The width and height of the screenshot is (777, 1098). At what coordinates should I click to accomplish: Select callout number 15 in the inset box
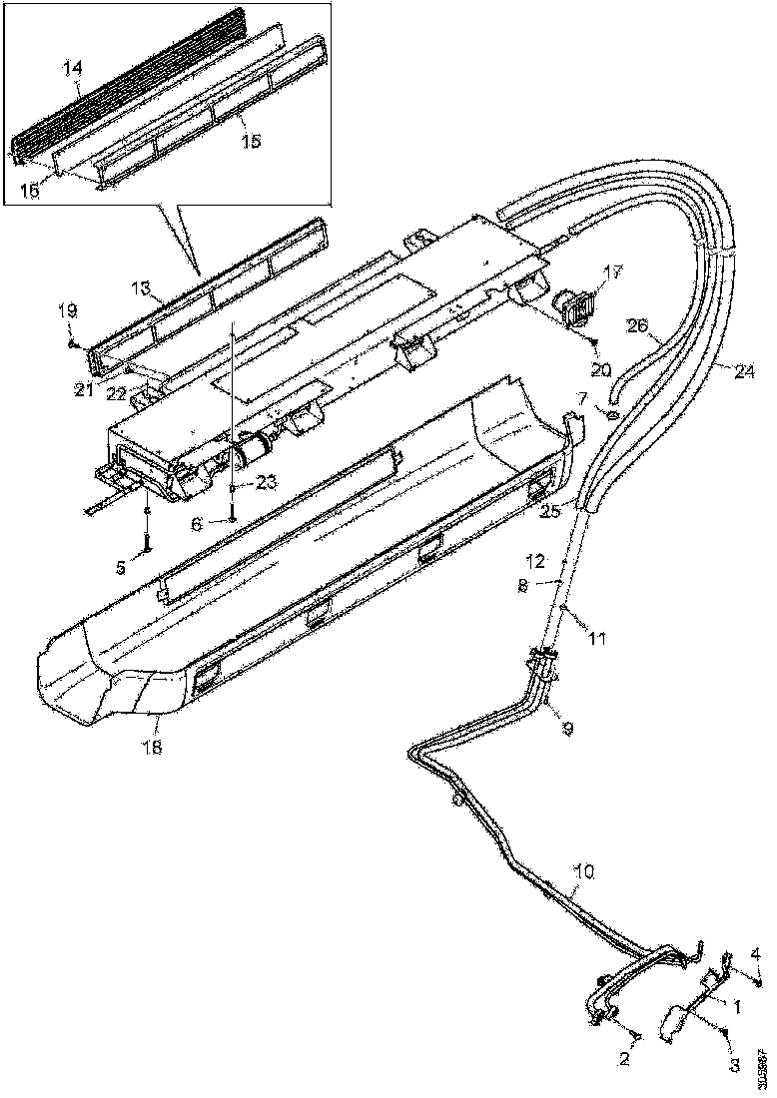pyautogui.click(x=251, y=142)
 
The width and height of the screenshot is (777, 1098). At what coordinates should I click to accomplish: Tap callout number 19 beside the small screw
pyautogui.click(x=67, y=311)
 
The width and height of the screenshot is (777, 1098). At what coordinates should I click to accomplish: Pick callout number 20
pyautogui.click(x=600, y=369)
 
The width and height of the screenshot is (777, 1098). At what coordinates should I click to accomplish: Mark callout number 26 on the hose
pyautogui.click(x=637, y=326)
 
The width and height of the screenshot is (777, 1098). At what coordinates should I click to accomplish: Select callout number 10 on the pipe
pyautogui.click(x=583, y=871)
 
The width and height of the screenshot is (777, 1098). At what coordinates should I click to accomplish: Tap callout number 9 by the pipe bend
pyautogui.click(x=567, y=729)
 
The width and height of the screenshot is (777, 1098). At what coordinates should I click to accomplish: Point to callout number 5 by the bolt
pyautogui.click(x=121, y=568)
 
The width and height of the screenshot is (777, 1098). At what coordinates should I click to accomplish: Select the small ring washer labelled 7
pyautogui.click(x=610, y=415)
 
